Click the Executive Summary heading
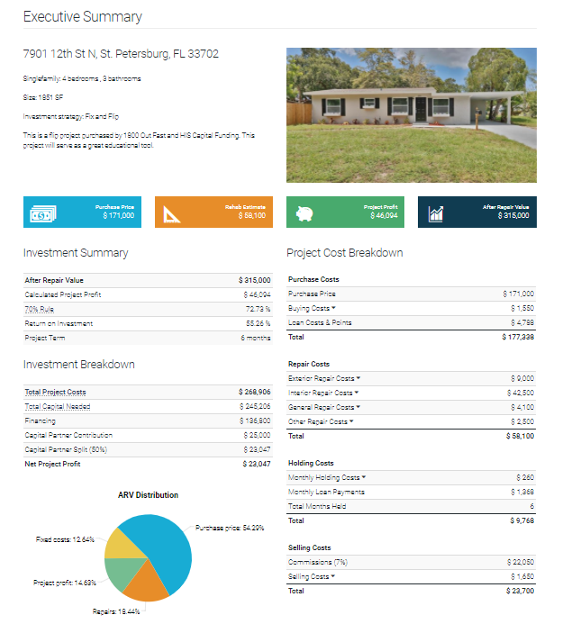point(82,17)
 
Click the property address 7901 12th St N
point(121,54)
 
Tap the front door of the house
point(419,110)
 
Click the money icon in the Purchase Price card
point(43,213)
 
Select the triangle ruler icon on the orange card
point(174,213)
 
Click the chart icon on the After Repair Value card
point(437,213)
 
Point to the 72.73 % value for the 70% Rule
point(257,309)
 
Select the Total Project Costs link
point(55,392)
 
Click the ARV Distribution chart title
point(148,495)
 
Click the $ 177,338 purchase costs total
point(518,337)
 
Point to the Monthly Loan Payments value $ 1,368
point(521,492)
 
